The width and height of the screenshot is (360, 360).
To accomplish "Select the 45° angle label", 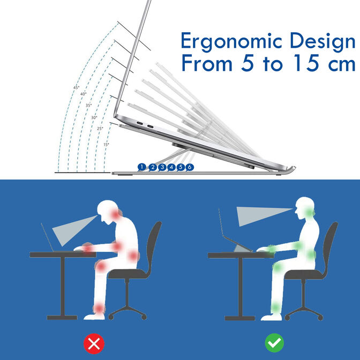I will point(76,87).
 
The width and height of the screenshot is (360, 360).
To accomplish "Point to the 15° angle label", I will point(106,144).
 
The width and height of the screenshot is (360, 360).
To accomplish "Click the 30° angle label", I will point(94,117).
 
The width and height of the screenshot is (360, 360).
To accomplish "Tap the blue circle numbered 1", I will point(141,167).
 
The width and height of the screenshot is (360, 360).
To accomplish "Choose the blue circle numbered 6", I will point(190,167).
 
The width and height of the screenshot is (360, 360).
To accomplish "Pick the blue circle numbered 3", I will point(161,167).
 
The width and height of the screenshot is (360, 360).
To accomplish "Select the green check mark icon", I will point(274,342).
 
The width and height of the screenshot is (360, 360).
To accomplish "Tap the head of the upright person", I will point(306,206).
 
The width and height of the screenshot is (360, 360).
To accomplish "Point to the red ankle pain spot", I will point(99,307).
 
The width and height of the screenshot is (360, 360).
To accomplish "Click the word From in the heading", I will point(206,64).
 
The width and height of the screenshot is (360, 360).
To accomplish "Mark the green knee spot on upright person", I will point(276,266).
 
